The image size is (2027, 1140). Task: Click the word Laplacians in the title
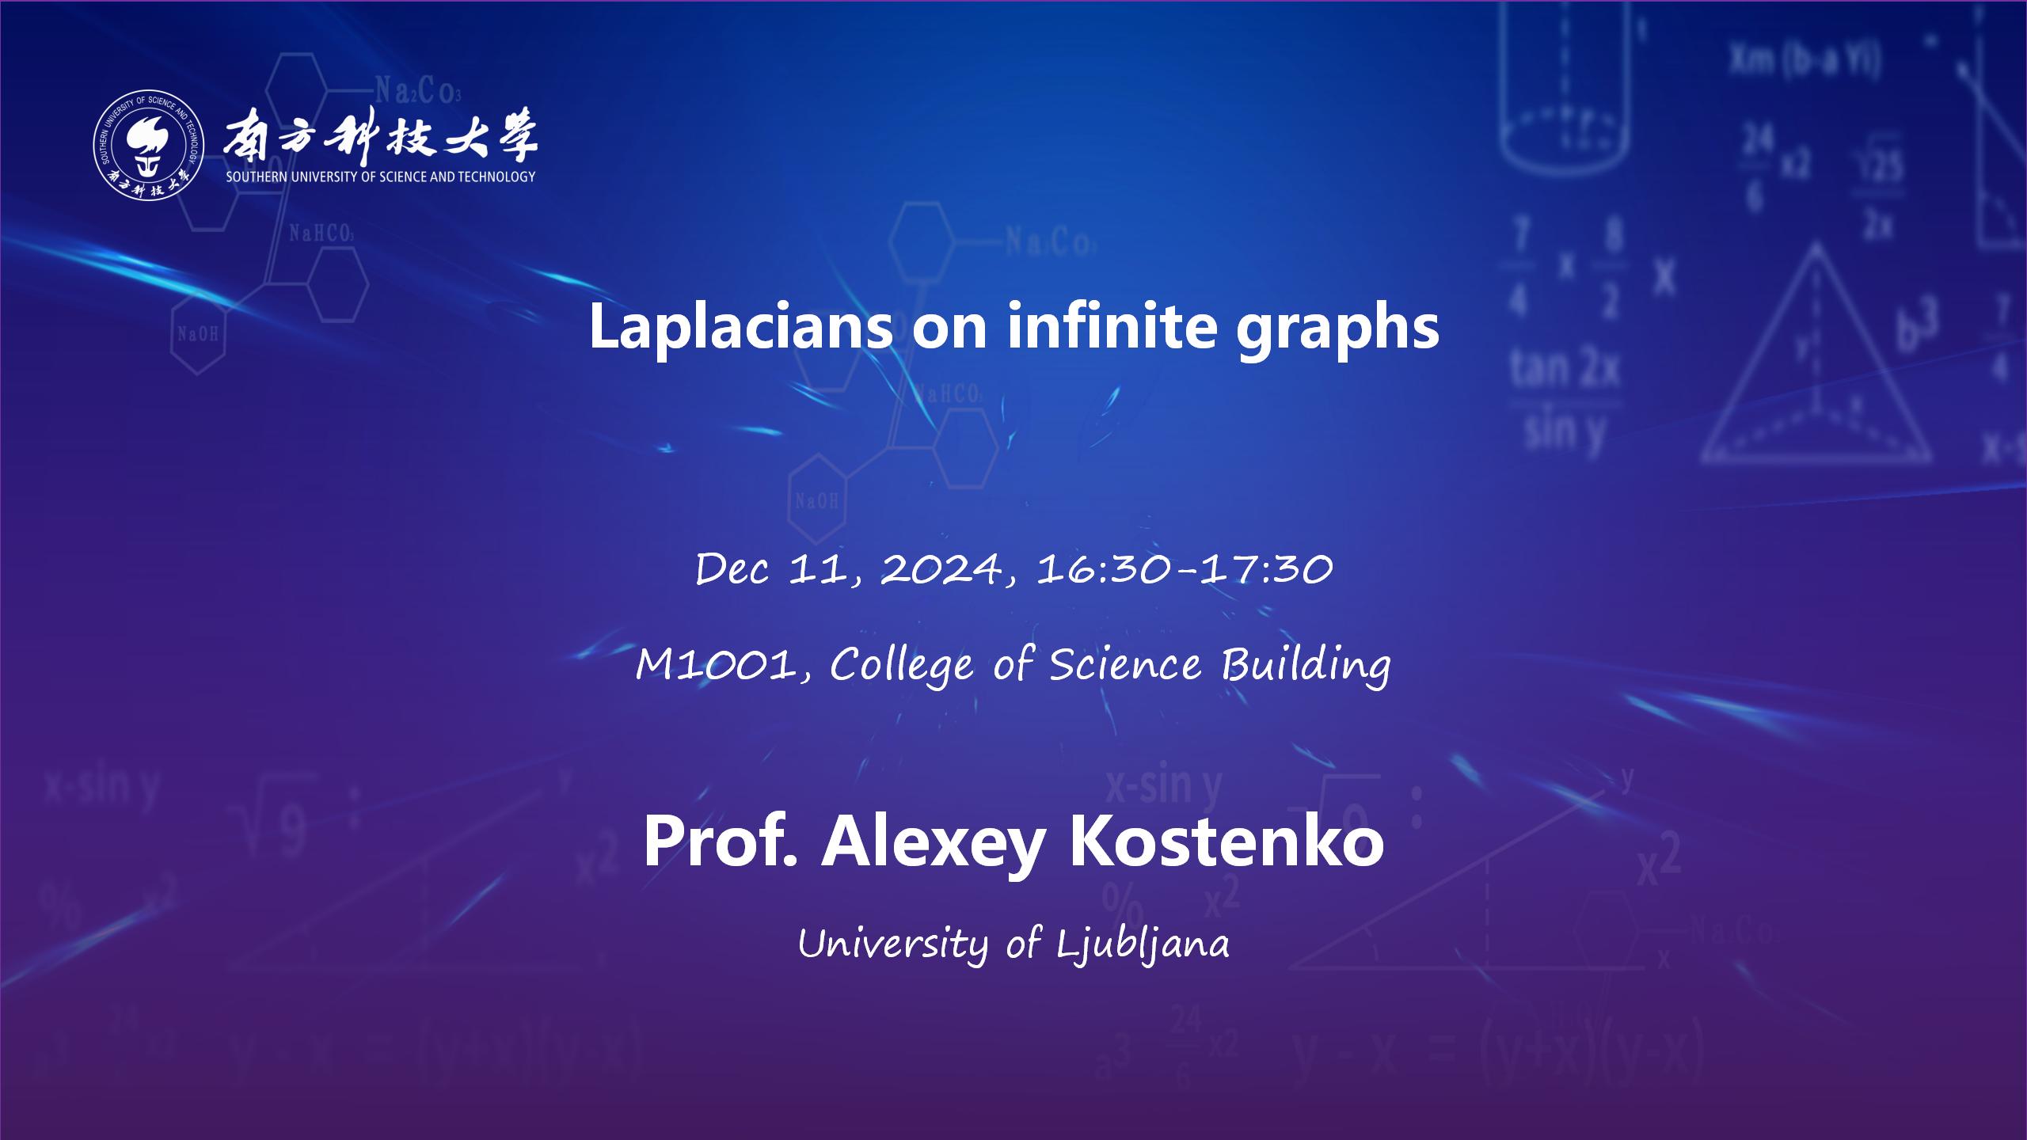coord(741,327)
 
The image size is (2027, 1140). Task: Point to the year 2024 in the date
coord(940,569)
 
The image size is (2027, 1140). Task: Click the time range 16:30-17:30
coord(1185,569)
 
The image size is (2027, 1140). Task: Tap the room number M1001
coord(717,665)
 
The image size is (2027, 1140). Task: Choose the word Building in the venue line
coord(1306,665)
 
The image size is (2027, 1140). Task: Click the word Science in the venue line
coord(1125,664)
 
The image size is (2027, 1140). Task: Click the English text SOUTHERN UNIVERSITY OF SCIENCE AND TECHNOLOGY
coord(381,177)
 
